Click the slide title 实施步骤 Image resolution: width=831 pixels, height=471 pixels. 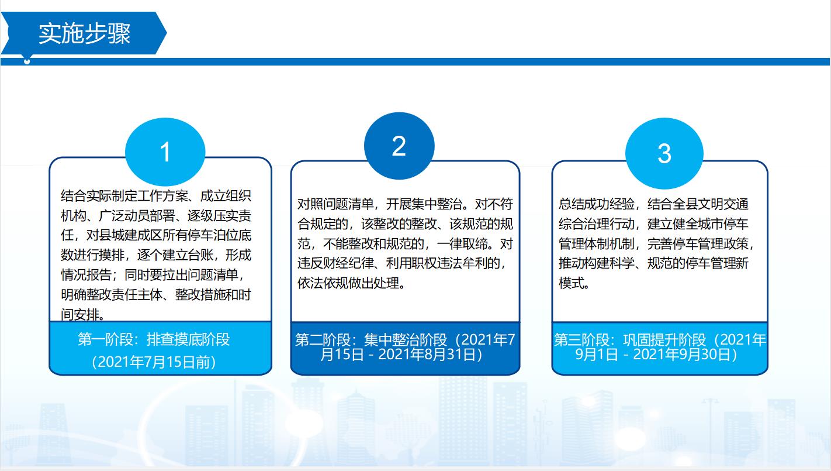click(85, 33)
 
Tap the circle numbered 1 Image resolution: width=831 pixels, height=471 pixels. click(165, 152)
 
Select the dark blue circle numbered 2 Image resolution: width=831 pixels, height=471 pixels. click(399, 146)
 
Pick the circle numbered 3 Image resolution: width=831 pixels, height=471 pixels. click(664, 153)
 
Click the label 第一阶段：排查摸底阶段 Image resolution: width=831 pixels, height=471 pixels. click(154, 339)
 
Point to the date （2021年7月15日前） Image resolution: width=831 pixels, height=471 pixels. click(154, 362)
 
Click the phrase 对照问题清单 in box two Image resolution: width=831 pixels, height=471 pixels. click(335, 204)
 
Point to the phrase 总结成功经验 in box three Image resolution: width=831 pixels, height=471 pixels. click(597, 204)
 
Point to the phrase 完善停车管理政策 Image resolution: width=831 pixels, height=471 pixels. click(698, 243)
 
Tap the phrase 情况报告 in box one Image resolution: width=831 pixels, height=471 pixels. click(86, 275)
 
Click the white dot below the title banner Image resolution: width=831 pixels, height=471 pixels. click(27, 61)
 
